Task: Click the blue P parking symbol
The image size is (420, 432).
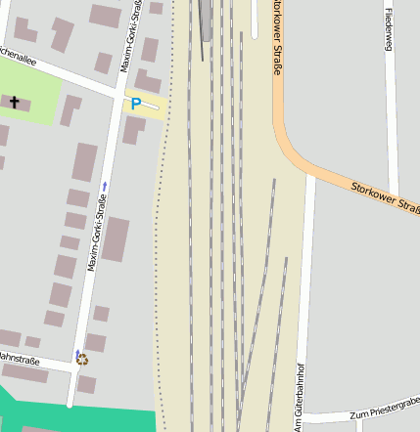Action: pos(136,104)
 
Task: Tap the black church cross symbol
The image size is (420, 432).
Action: pos(15,101)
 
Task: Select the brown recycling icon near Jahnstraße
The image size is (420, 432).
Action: pos(82,359)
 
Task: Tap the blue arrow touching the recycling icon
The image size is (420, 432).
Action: pos(78,353)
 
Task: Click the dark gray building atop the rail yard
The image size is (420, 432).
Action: pos(206,20)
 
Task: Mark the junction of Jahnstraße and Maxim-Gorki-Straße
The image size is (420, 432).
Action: pos(74,367)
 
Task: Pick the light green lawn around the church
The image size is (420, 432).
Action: pos(39,83)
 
